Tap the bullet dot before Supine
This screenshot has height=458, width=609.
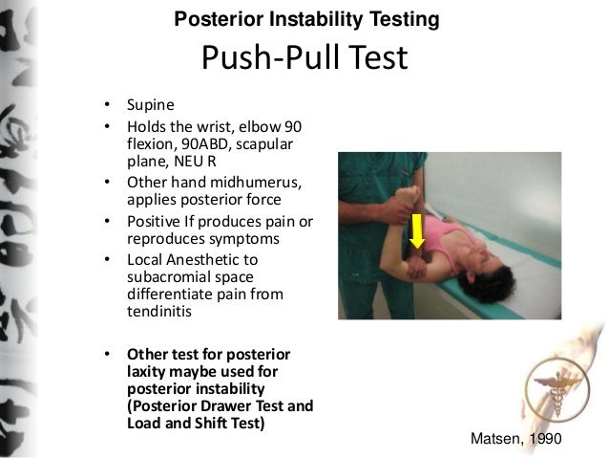coord(108,104)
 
